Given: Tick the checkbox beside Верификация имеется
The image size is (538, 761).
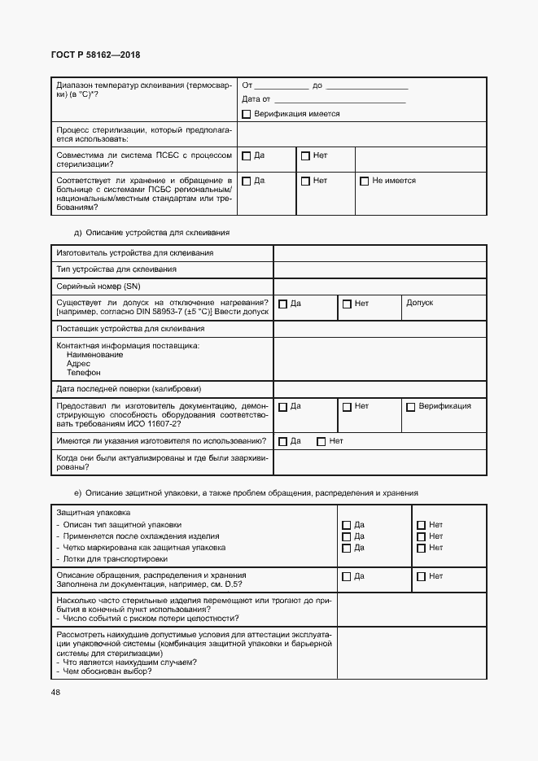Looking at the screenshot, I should [x=247, y=115].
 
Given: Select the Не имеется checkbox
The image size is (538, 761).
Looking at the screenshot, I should [x=365, y=182].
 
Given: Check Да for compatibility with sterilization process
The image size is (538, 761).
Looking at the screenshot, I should [x=247, y=155].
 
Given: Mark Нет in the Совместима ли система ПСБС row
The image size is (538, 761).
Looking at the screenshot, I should [x=305, y=155].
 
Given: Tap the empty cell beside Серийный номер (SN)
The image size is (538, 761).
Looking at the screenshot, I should [x=379, y=286].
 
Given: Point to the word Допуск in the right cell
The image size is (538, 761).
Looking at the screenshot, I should [x=420, y=303].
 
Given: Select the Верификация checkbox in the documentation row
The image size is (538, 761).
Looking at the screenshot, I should [x=411, y=407].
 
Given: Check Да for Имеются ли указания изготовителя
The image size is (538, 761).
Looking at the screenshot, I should [x=282, y=442].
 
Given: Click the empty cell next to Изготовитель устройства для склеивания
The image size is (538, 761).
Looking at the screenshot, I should [x=379, y=252].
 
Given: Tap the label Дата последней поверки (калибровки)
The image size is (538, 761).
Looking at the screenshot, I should [x=129, y=388].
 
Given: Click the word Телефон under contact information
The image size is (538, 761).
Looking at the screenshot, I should [x=83, y=372].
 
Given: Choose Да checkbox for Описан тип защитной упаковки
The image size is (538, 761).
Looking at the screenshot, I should [x=347, y=526].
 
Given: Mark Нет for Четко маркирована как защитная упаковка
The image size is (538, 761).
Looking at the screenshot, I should [x=421, y=549].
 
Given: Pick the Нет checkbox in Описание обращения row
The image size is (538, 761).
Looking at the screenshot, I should [x=421, y=577].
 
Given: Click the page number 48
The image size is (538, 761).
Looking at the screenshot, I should [x=56, y=693].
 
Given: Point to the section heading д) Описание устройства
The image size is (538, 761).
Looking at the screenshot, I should [x=151, y=232].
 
